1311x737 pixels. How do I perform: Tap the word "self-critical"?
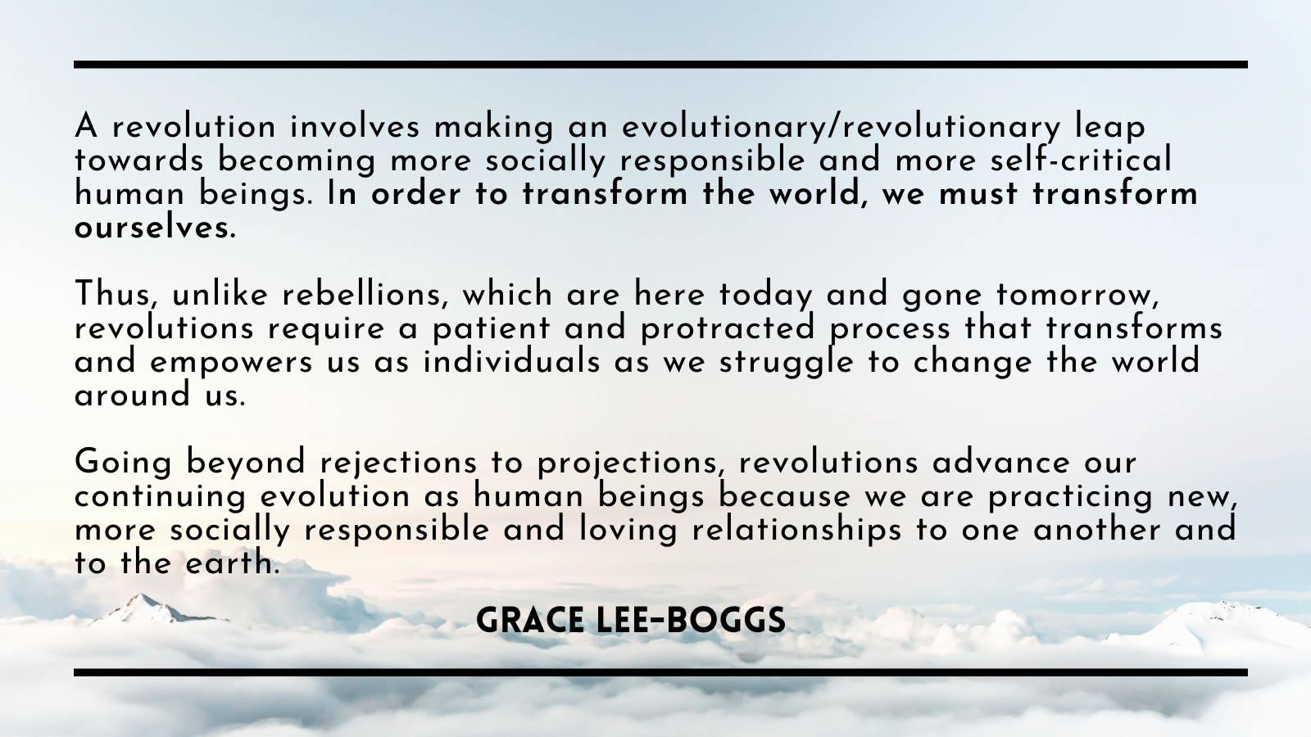(1081, 159)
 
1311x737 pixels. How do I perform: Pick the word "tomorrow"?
(1077, 295)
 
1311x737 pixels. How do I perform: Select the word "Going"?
(123, 462)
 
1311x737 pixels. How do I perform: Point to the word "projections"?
(628, 463)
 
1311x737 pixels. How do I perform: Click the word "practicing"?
(1070, 497)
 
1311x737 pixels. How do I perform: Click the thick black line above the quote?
(660, 65)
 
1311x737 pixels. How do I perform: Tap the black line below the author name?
(660, 672)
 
